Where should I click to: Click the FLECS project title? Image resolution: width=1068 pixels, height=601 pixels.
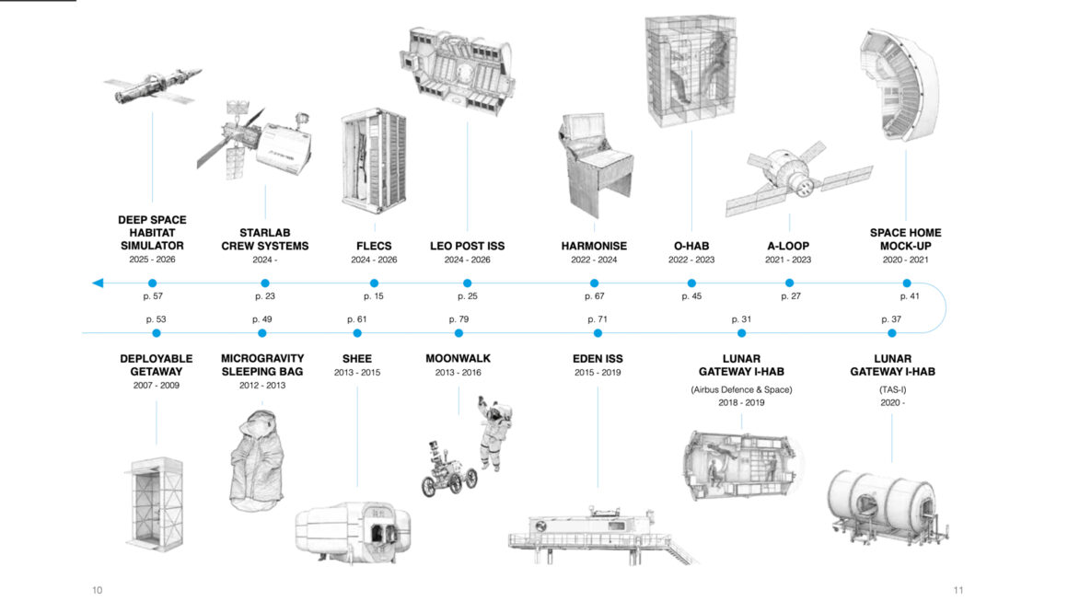[374, 246]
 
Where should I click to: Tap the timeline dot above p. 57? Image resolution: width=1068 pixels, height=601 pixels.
[152, 283]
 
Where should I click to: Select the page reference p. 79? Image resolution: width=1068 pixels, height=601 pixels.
[459, 318]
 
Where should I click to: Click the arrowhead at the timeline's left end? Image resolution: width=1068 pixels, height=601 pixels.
[98, 283]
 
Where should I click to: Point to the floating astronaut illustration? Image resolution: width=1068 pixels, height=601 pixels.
[494, 433]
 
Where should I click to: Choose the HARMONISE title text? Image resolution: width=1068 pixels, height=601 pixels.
[594, 246]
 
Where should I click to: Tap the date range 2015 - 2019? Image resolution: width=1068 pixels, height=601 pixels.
[598, 373]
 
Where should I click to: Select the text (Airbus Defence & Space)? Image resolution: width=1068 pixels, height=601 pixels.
[741, 389]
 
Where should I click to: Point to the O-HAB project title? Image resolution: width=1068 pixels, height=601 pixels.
[692, 246]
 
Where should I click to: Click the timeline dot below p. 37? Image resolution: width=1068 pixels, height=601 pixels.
[890, 332]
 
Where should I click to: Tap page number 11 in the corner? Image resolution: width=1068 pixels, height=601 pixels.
[958, 590]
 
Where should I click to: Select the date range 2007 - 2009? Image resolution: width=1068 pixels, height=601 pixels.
[156, 385]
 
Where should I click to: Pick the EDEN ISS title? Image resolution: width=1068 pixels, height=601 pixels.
[598, 359]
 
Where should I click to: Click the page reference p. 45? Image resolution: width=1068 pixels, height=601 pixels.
[691, 296]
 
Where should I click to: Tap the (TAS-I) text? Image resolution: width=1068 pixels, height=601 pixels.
[891, 389]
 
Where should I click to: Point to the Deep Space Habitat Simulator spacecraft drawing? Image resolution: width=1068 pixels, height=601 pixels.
[152, 86]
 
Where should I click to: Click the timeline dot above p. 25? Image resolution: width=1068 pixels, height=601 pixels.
[467, 283]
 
